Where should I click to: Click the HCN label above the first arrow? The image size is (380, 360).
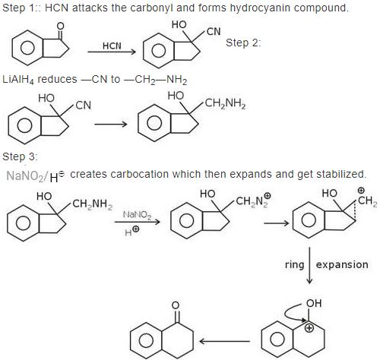point(112,46)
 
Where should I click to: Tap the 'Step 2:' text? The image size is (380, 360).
point(243,43)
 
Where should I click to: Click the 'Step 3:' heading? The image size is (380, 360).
point(20,156)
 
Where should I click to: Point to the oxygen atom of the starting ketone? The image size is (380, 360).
point(60,26)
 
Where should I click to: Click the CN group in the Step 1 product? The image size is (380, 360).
point(214,32)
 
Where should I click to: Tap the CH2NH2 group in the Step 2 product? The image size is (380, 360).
point(225,103)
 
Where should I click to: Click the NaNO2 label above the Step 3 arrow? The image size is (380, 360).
point(137,215)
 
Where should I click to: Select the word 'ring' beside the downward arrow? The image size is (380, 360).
point(294,265)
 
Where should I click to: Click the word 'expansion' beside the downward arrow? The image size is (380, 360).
point(342,265)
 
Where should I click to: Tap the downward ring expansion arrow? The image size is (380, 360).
point(309,265)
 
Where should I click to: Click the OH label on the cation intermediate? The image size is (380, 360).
point(314,303)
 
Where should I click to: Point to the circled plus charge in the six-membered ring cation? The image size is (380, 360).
point(309,328)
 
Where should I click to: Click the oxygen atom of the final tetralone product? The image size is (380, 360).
point(176,305)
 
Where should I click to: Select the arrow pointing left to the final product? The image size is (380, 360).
point(224,341)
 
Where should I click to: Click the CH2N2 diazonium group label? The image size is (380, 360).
point(253,201)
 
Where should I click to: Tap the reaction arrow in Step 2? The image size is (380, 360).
point(111,124)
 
